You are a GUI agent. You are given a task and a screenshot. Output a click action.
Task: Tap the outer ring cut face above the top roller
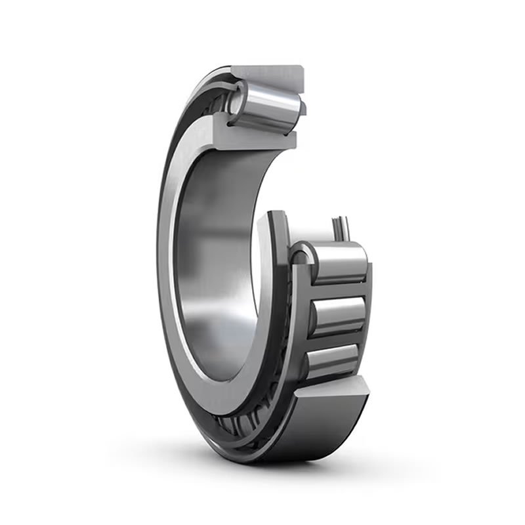(269, 75)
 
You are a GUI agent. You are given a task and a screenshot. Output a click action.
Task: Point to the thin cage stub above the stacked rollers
(341, 226)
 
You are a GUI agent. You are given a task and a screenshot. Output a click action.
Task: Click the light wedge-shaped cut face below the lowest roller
(328, 394)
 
